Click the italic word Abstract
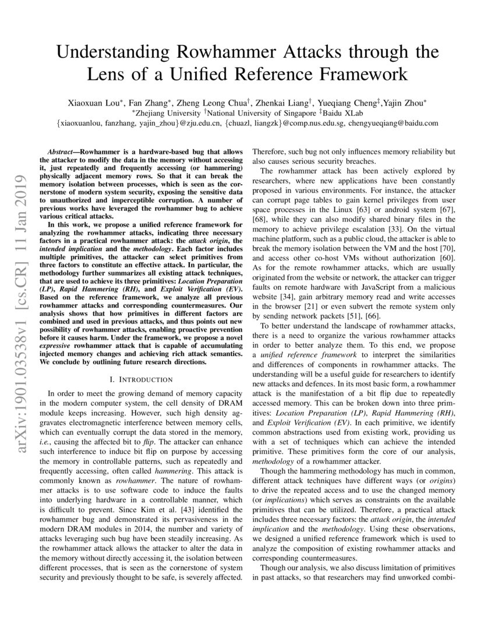pyautogui.click(x=62, y=150)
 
